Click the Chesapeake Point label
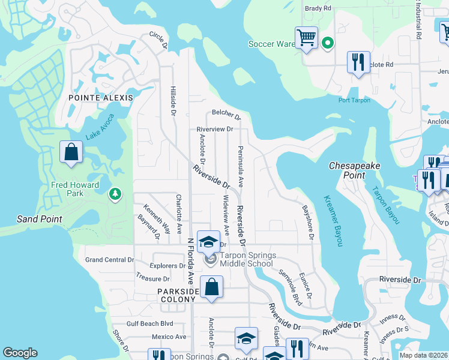(355, 170)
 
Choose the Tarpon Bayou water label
(384, 205)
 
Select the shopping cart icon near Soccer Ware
(306, 38)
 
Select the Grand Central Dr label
(109, 260)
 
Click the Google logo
(20, 353)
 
